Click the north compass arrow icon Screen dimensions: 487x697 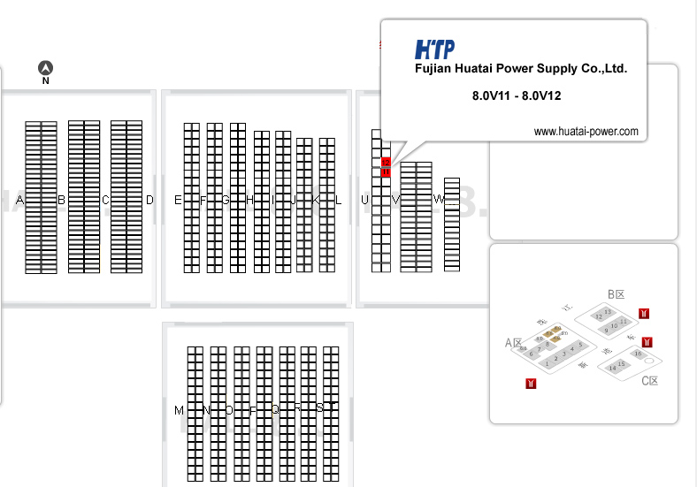(x=46, y=68)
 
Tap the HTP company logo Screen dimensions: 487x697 (x=434, y=49)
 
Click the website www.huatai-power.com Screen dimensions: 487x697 (x=586, y=132)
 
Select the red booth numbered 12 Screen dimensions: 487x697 (x=386, y=163)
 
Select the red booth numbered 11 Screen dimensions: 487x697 (x=386, y=172)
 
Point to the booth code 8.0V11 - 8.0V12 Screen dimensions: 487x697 (x=517, y=95)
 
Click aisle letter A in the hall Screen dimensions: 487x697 (x=19, y=201)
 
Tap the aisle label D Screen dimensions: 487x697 (x=149, y=201)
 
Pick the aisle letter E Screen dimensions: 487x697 (x=178, y=201)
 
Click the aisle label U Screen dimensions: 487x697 (x=364, y=201)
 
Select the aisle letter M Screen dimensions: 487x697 (x=179, y=410)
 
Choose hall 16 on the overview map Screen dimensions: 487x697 (x=639, y=354)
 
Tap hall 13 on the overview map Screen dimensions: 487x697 (x=607, y=312)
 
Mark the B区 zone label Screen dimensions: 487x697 (x=617, y=294)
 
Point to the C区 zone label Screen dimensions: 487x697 (x=650, y=381)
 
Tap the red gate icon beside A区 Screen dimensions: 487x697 (x=531, y=383)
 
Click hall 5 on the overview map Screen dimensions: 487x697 (x=580, y=344)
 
